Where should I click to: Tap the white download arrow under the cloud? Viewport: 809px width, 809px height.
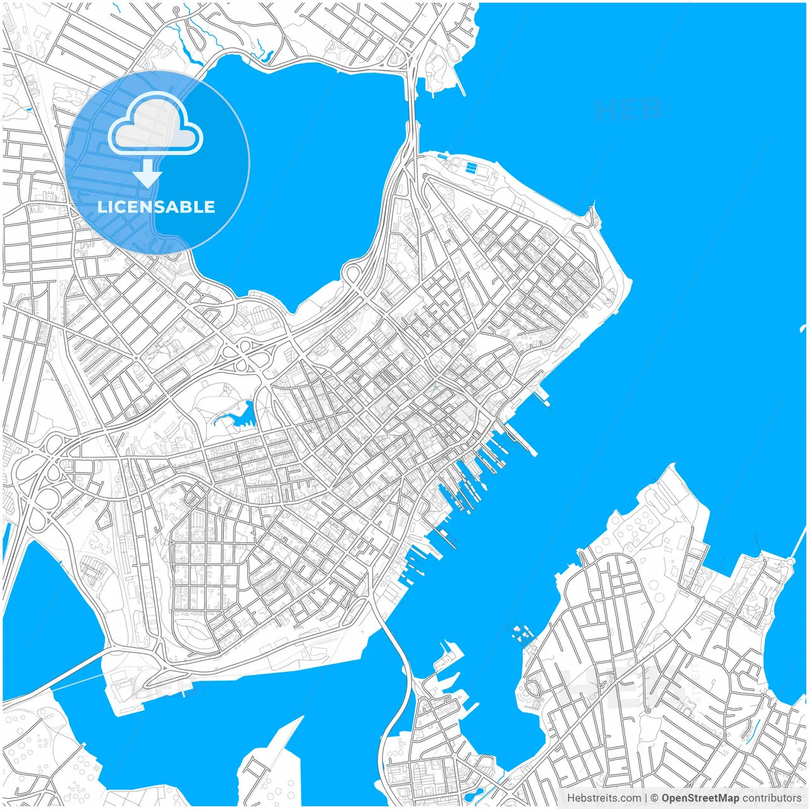tap(147, 173)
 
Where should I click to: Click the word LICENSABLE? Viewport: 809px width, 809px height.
tap(156, 207)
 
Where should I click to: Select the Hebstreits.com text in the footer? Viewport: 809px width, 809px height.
tap(604, 798)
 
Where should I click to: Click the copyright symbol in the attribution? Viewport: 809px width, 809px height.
tap(655, 798)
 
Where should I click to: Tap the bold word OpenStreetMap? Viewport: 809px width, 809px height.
tap(700, 798)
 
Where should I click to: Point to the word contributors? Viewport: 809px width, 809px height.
tap(771, 798)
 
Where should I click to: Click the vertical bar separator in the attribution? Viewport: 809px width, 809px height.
tap(645, 798)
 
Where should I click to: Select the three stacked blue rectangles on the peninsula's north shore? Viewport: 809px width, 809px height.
tap(471, 167)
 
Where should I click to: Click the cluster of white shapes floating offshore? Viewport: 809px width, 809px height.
tap(522, 633)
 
